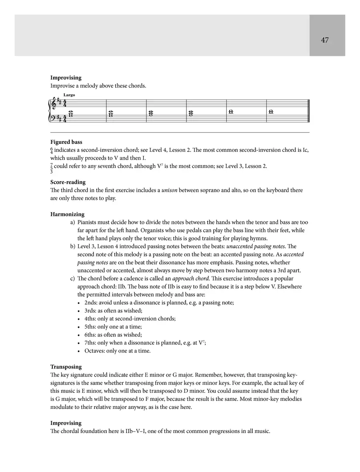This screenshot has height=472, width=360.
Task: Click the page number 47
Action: pyautogui.click(x=324, y=40)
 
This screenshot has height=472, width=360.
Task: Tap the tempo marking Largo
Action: pyautogui.click(x=69, y=95)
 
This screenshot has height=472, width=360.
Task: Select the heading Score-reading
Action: pyautogui.click(x=68, y=182)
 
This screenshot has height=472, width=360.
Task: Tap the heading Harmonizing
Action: pyautogui.click(x=67, y=214)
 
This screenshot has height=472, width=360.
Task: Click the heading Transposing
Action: pyautogui.click(x=66, y=367)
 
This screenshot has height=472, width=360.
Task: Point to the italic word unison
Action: pyautogui.click(x=169, y=190)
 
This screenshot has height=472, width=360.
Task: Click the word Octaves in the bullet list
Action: pyautogui.click(x=95, y=351)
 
